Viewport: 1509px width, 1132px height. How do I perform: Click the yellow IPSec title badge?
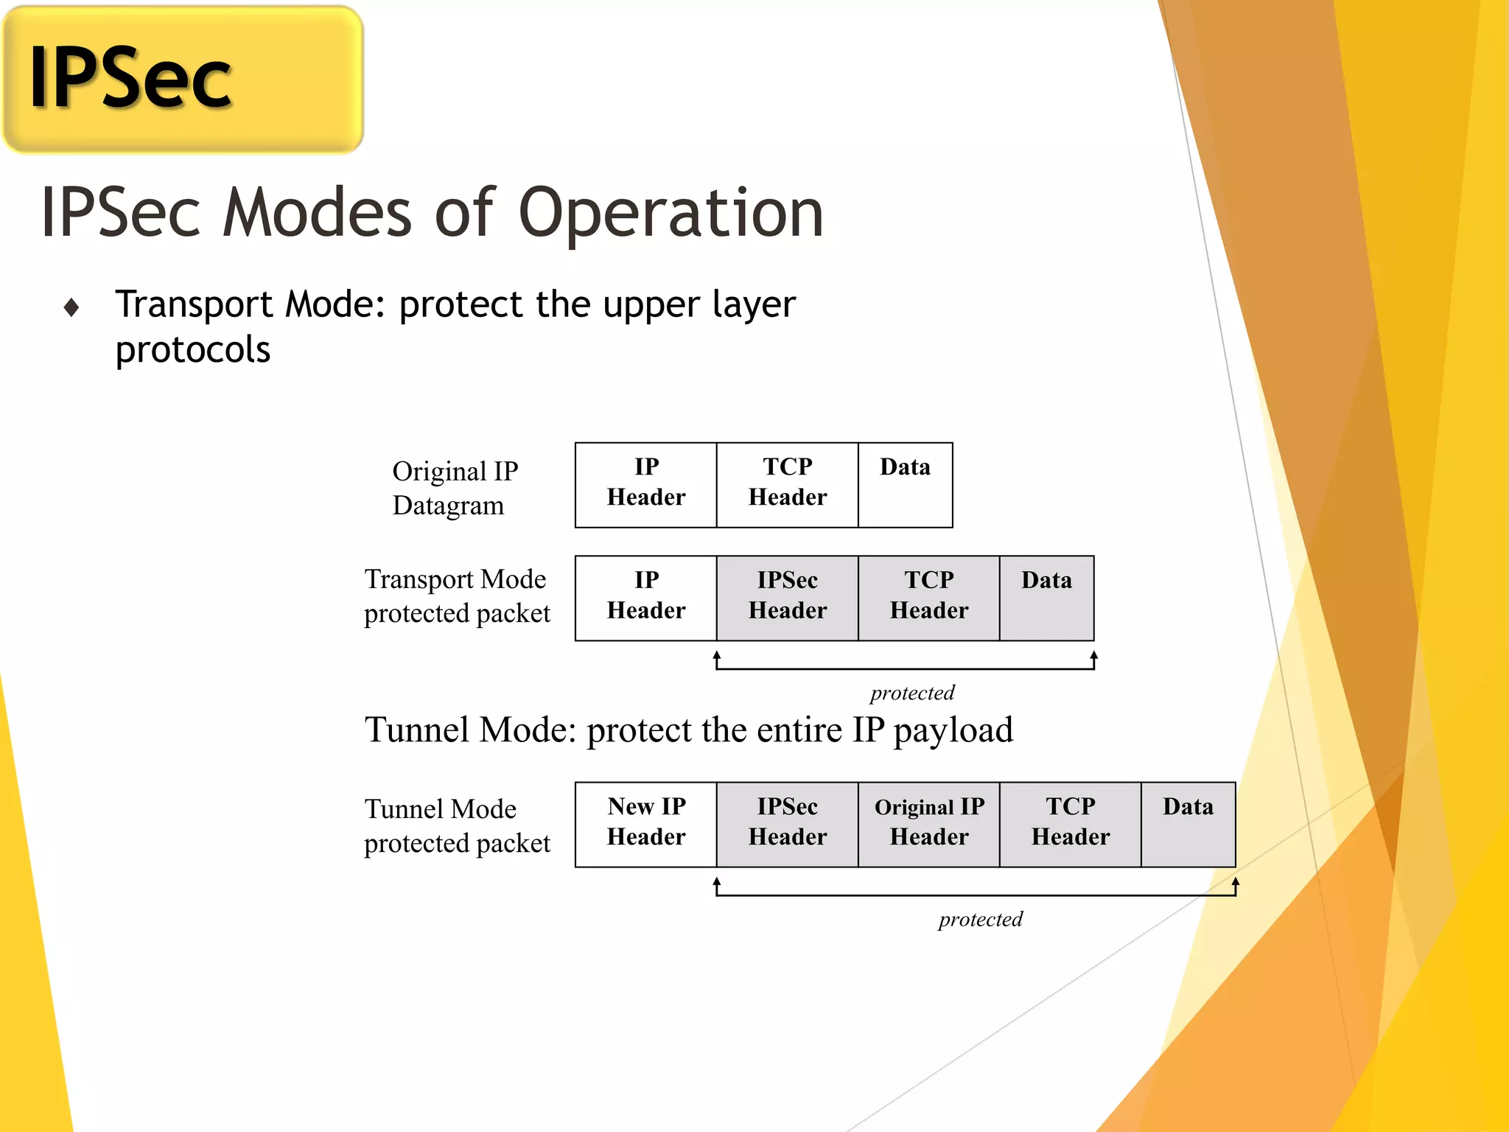click(183, 79)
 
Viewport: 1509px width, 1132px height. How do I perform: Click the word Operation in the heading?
click(671, 214)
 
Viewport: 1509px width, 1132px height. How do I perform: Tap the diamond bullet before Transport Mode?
click(71, 307)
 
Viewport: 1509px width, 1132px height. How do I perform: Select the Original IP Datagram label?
click(455, 488)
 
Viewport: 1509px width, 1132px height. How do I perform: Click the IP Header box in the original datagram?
click(645, 485)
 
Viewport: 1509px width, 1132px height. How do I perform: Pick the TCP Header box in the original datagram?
click(787, 485)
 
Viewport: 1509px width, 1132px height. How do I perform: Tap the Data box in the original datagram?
click(905, 485)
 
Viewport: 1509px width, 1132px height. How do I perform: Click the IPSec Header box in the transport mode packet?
click(787, 598)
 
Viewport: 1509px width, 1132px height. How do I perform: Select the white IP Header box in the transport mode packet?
click(645, 598)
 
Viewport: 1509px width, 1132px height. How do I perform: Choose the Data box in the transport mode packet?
click(1046, 598)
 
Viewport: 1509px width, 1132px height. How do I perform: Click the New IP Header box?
click(645, 824)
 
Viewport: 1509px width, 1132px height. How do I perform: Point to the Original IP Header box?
click(928, 824)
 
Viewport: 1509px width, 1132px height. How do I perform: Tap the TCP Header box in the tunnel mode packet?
click(1070, 824)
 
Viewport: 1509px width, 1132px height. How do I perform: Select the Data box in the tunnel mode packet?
click(1188, 824)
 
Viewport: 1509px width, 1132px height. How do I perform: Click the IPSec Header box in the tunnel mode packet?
click(787, 824)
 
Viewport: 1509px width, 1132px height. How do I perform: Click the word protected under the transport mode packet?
click(912, 693)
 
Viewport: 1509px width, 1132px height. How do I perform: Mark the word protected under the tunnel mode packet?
click(980, 920)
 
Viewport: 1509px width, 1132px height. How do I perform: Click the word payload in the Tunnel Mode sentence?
click(953, 731)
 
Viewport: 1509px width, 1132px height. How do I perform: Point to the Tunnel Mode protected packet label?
click(457, 825)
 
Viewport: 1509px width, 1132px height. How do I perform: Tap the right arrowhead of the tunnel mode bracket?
click(1236, 882)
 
